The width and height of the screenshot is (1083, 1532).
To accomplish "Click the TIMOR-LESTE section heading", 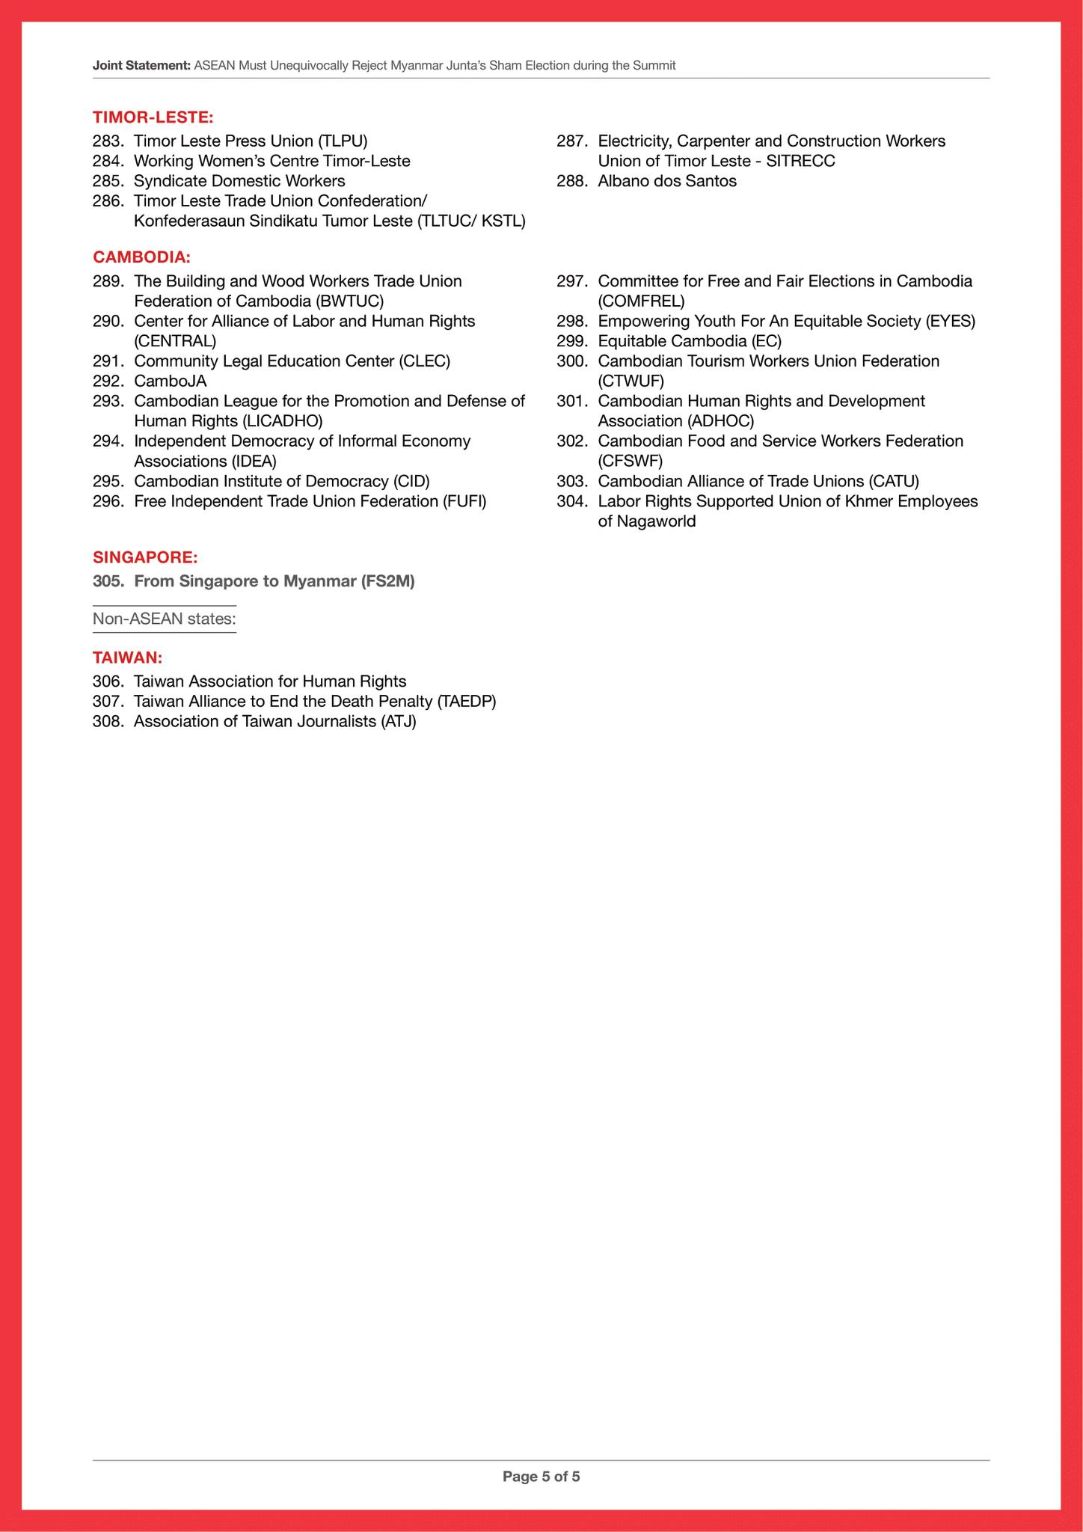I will pos(153,117).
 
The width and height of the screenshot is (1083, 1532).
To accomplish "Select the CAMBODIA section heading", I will pos(141,257).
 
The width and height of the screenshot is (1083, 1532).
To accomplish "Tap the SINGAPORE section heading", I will pos(145,557).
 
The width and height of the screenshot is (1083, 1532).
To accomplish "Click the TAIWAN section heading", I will pos(127,658).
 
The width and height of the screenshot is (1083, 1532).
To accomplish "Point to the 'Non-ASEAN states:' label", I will pos(165,619).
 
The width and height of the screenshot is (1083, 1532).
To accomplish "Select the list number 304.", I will pos(571,501).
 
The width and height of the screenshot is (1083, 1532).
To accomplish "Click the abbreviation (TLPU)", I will pos(343,141).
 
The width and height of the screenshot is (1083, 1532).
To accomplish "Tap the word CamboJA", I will pos(171,382).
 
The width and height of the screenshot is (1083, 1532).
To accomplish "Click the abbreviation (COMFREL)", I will pos(641,301).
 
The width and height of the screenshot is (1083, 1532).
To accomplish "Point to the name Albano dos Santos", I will pos(667,181).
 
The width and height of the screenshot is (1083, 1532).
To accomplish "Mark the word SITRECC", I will pos(800,162).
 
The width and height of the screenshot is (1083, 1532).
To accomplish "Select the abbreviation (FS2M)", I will pos(387,581).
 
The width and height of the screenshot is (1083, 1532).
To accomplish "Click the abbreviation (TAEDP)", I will pos(467,702).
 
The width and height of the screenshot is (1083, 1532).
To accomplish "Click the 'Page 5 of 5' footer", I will pos(541,1477).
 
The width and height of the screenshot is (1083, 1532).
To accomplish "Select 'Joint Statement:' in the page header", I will pos(141,66).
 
